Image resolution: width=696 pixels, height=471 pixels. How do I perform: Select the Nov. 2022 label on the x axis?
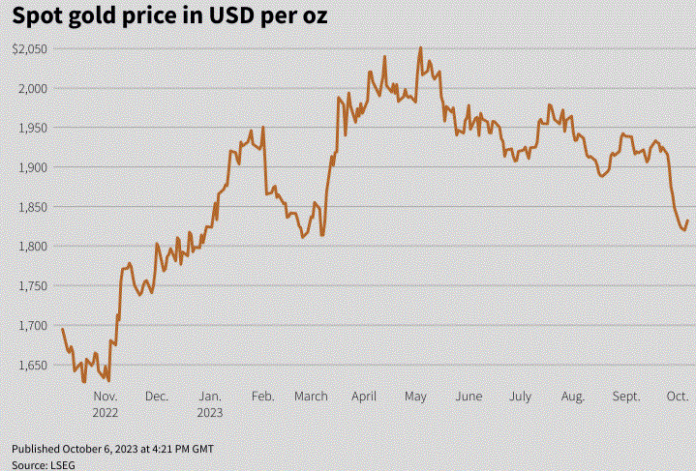105,404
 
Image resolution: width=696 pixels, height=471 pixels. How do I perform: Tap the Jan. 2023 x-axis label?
210,404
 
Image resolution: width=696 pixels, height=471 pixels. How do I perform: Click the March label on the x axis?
311,397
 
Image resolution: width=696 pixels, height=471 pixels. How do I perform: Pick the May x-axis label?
416,397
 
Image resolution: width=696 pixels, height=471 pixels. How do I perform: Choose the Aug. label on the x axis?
572,397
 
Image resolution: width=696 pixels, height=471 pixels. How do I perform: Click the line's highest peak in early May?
420,47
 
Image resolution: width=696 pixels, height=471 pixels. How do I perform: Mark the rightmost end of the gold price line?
687,221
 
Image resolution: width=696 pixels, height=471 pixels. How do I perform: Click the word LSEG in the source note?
61,465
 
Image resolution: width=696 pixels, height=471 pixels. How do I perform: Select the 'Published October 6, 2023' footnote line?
113,450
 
